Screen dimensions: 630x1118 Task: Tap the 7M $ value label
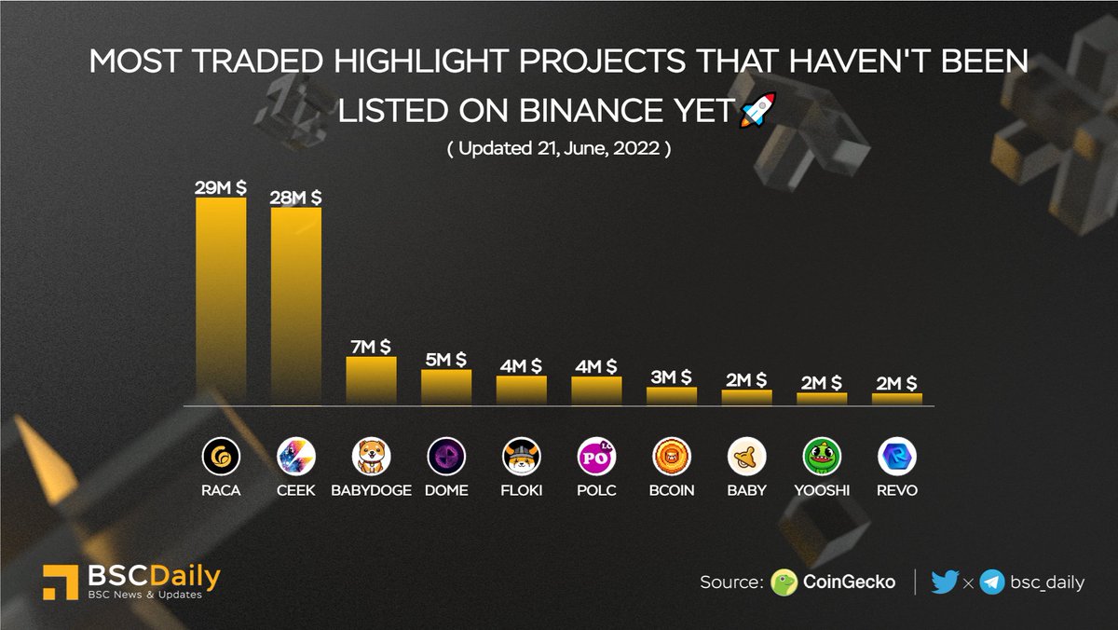point(372,347)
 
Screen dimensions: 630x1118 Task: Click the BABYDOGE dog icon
point(372,457)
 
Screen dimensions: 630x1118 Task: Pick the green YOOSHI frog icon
point(822,457)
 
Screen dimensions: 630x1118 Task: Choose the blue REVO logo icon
point(897,457)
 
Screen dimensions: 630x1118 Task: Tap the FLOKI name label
point(522,490)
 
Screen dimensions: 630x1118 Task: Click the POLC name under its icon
point(596,490)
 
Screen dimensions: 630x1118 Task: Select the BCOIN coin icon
point(672,457)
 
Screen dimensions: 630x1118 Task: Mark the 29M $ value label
point(221,188)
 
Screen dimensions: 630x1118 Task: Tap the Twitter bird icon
point(944,582)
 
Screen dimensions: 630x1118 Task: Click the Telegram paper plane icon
point(992,582)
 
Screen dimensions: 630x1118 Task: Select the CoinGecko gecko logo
point(784,582)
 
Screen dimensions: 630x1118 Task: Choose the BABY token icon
point(747,457)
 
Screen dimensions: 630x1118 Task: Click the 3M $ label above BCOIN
point(672,377)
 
